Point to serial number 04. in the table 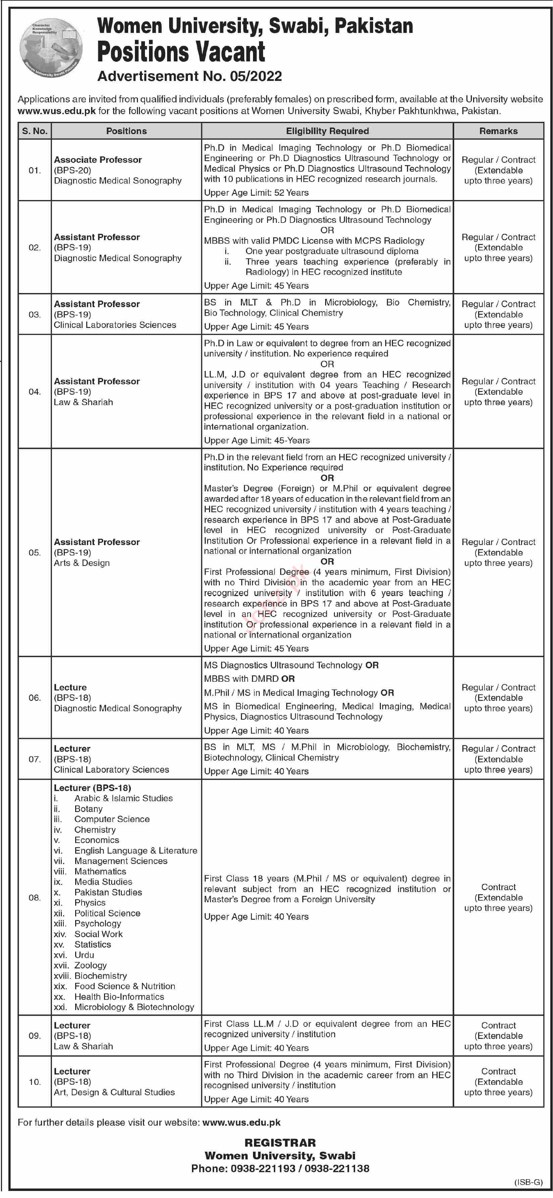click(35, 392)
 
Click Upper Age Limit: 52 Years click(256, 193)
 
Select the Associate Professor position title click(98, 159)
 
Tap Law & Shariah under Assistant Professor click(83, 402)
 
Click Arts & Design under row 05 click(82, 563)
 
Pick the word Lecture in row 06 click(70, 687)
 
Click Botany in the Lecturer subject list click(88, 809)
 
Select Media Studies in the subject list click(103, 882)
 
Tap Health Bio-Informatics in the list click(119, 997)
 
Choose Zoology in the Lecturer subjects click(91, 965)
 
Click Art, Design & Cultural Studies click(114, 1092)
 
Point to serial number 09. click(35, 1036)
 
